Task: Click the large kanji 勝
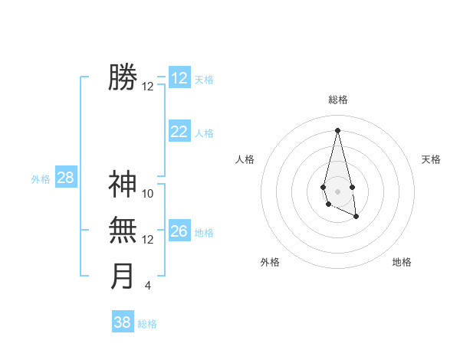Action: click(123, 77)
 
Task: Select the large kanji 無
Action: click(123, 230)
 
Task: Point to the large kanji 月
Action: click(123, 276)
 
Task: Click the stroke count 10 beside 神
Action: click(148, 194)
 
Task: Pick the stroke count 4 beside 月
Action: click(148, 286)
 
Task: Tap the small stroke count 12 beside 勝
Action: click(148, 87)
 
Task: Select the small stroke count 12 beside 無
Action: click(148, 240)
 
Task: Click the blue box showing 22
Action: click(179, 132)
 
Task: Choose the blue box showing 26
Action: click(179, 231)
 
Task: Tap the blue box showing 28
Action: click(66, 178)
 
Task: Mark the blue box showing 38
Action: click(123, 322)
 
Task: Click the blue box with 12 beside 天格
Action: click(179, 78)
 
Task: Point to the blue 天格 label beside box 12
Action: click(204, 80)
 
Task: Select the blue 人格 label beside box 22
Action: click(204, 133)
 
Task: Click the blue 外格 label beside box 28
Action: click(41, 179)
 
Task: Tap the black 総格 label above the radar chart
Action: click(337, 100)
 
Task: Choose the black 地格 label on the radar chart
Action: click(402, 262)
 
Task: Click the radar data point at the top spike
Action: click(337, 129)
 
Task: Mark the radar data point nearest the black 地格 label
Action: click(356, 218)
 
